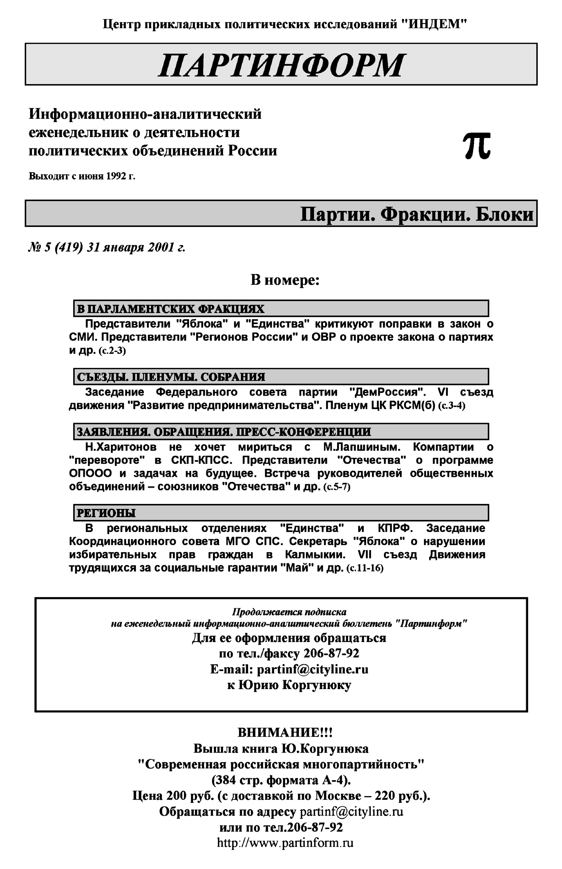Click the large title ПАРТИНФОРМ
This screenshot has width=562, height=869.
(281, 65)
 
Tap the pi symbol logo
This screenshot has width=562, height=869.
(477, 146)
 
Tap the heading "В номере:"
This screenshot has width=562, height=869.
(285, 280)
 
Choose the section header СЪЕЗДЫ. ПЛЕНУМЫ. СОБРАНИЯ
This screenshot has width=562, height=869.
(171, 377)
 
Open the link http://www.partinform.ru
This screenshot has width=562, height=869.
(285, 843)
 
